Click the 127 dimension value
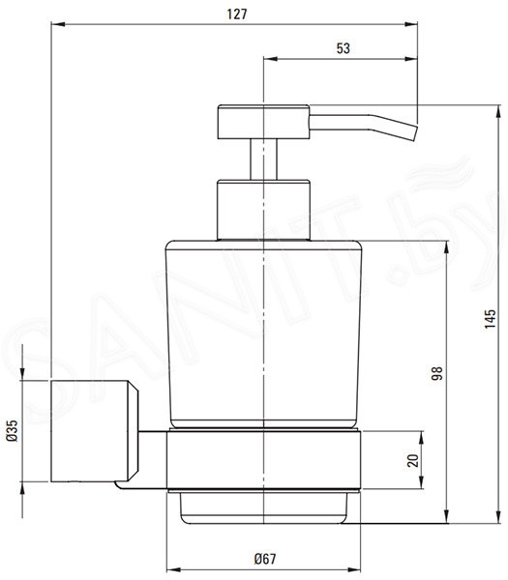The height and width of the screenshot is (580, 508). tap(237, 14)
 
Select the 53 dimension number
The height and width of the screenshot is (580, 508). tap(343, 48)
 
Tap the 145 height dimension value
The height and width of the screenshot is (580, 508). tap(490, 319)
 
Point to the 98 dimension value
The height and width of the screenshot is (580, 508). tap(437, 373)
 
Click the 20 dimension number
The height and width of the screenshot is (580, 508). tap(412, 460)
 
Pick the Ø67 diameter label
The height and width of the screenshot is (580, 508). tap(265, 559)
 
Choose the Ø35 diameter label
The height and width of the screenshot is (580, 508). tap(12, 430)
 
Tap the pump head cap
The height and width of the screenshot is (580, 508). tap(263, 122)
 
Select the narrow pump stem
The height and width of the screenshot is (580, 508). tap(263, 159)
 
